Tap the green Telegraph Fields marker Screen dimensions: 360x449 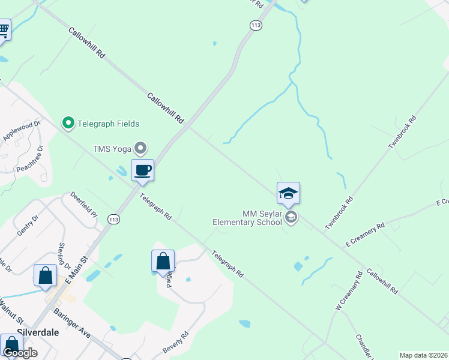point(68,124)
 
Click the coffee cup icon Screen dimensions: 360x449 point(142,170)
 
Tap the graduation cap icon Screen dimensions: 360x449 point(288,193)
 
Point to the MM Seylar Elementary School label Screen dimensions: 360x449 point(247,218)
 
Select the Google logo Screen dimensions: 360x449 point(20,353)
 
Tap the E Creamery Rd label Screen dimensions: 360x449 point(365,235)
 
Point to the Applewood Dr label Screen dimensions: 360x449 point(21,131)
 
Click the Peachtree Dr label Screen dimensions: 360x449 point(29,156)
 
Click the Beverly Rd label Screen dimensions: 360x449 point(175,342)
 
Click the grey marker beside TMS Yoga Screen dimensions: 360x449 point(141,147)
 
